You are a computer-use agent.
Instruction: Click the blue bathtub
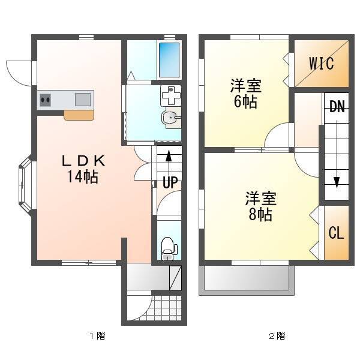tap(169, 60)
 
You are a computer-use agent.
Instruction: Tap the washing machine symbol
tap(171, 95)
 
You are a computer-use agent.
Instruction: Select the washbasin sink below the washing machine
tap(172, 118)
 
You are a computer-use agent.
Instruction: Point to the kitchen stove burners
tap(45, 100)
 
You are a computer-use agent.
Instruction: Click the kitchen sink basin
tap(83, 100)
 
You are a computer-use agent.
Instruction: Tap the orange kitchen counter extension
tap(79, 115)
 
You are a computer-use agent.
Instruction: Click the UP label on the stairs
tap(170, 182)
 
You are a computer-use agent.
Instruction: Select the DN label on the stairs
tap(337, 107)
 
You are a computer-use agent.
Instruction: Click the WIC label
tap(321, 64)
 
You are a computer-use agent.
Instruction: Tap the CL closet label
tap(336, 233)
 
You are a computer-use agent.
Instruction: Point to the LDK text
tap(83, 161)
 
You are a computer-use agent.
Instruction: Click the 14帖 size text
tap(83, 177)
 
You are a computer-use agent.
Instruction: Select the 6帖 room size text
tap(245, 102)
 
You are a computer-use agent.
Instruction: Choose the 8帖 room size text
tap(260, 215)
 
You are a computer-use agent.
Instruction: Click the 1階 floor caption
tap(97, 336)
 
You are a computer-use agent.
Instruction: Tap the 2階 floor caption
tap(277, 336)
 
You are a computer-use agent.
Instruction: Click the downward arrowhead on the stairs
tap(337, 182)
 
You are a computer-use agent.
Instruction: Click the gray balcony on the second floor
tap(247, 280)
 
